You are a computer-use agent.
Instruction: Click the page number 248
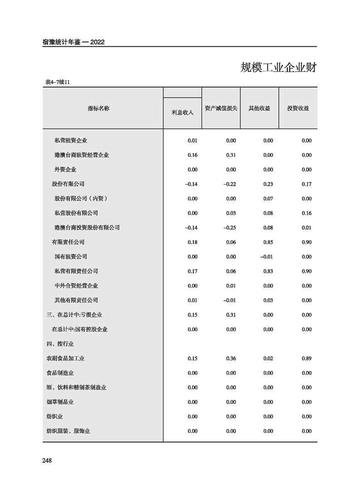click(47, 460)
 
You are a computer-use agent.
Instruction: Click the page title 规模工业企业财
click(278, 68)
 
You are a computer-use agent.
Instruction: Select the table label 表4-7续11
click(57, 82)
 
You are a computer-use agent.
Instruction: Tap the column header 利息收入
click(182, 112)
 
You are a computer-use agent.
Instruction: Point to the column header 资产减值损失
click(221, 109)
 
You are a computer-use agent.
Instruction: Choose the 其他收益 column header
click(259, 109)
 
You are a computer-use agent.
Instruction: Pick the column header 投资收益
click(298, 109)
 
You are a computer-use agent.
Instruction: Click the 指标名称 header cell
click(99, 109)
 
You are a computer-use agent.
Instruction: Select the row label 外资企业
click(65, 169)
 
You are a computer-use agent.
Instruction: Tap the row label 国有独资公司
click(71, 257)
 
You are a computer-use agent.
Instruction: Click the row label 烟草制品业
click(60, 402)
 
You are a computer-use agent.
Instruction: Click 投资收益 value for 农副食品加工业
click(306, 358)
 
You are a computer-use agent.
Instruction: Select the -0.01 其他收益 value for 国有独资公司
click(266, 257)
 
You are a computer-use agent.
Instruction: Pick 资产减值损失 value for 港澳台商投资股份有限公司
click(230, 227)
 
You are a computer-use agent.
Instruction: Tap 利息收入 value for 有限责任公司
click(192, 242)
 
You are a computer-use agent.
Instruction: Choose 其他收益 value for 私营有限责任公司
click(268, 271)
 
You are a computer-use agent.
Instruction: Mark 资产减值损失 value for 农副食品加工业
click(231, 358)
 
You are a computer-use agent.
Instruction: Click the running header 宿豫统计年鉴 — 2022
click(73, 42)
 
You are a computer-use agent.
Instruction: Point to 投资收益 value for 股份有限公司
click(306, 184)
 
